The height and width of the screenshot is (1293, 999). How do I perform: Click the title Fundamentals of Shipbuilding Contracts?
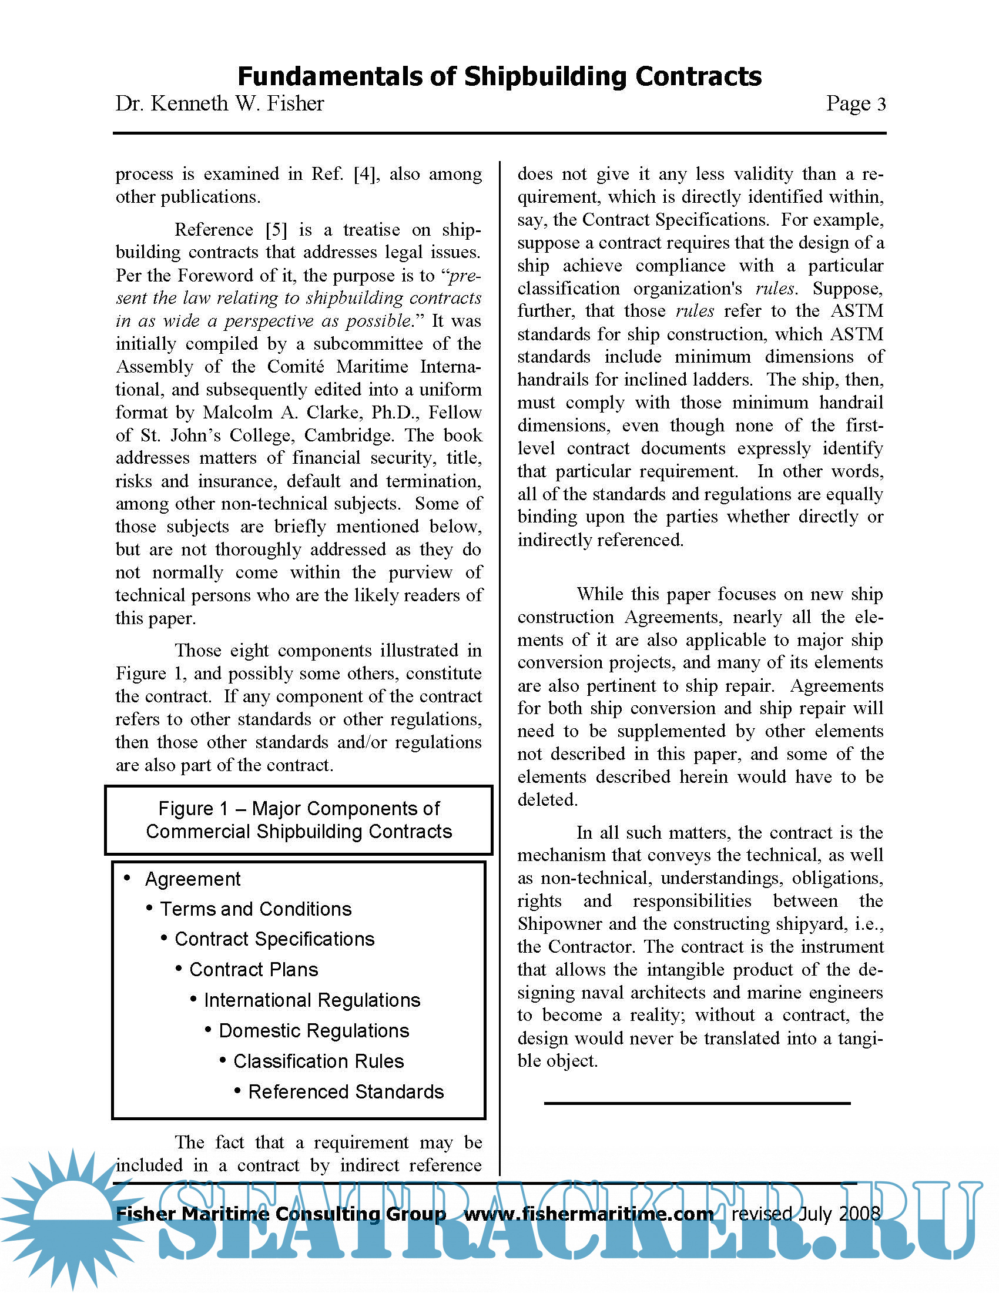coord(499,77)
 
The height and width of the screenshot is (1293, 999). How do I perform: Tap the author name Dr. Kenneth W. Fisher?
coord(220,103)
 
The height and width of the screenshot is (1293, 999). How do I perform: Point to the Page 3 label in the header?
coord(855,103)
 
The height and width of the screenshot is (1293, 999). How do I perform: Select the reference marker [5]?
coord(276,230)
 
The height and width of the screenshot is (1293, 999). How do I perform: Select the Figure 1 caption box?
coord(299,820)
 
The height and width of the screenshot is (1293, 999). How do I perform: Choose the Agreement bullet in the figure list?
coord(192,879)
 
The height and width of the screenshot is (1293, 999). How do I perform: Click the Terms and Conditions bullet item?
coord(256,909)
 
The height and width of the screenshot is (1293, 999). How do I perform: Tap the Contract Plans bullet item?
coord(253,970)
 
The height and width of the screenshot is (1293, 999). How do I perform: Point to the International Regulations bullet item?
coord(312,1000)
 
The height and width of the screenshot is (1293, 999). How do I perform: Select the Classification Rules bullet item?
coord(319,1061)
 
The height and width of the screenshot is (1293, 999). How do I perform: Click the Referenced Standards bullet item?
coord(346,1092)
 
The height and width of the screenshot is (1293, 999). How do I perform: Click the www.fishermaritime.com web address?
coord(588,1214)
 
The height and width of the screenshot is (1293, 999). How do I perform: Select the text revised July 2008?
coord(806,1214)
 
